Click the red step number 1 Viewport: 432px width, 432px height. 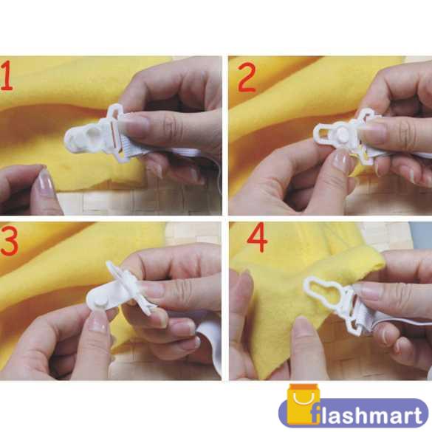7,76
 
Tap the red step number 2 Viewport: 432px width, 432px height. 247,77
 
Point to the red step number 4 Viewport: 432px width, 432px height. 257,238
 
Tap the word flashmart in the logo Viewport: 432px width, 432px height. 366,415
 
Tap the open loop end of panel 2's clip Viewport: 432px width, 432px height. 324,133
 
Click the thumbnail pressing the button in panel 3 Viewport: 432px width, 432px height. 98,321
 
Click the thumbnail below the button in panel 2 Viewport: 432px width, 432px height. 341,161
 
